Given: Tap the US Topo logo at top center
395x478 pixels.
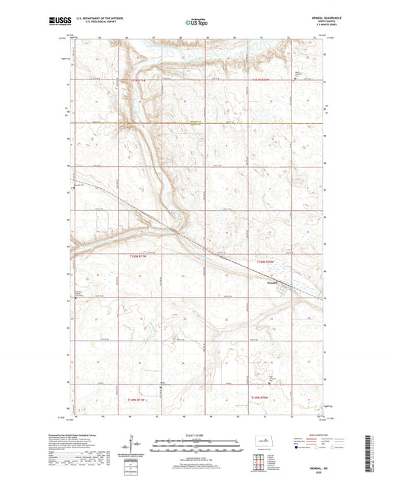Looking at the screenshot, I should (x=197, y=22).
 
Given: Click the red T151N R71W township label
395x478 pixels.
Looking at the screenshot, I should (x=141, y=78).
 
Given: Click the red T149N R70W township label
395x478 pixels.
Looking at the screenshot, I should (x=264, y=399).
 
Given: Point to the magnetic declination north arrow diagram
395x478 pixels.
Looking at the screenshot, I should (x=135, y=446).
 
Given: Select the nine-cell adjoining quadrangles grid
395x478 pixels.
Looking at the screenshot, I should (x=259, y=465).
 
